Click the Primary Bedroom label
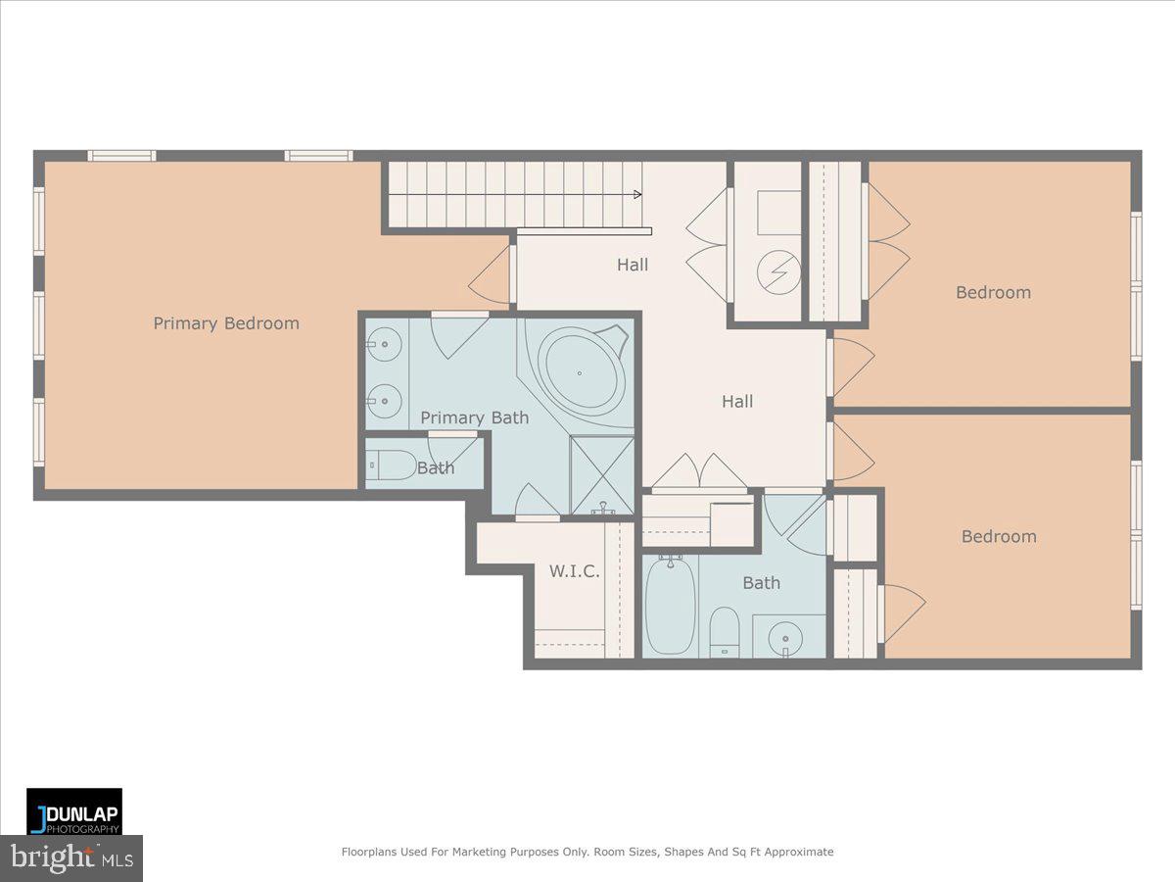(x=226, y=323)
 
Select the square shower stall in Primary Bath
(x=602, y=473)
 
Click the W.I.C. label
(x=574, y=571)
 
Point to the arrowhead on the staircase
(x=636, y=194)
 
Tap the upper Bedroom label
(x=993, y=292)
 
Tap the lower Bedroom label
(x=998, y=536)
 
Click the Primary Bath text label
(x=474, y=417)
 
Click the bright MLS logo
(x=71, y=858)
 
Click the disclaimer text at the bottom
(x=587, y=852)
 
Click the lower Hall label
(x=737, y=401)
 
